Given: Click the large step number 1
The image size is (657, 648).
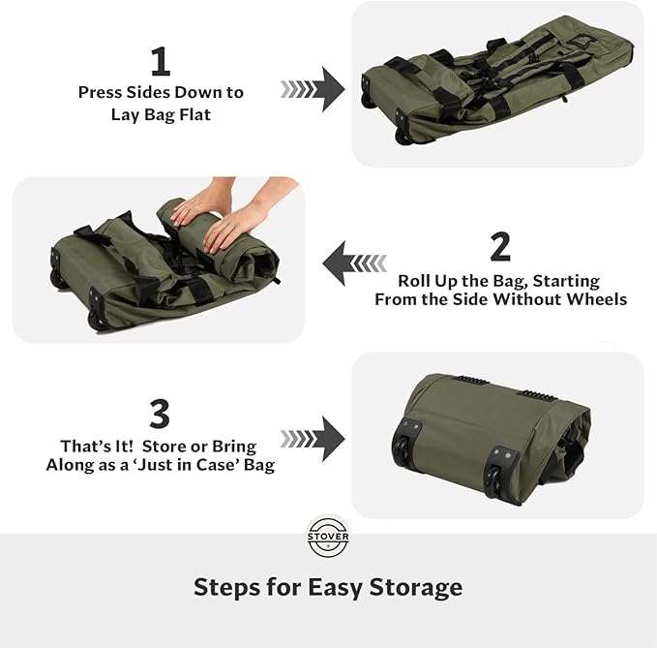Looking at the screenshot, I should click(x=161, y=62).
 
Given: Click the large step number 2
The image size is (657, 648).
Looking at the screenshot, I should click(x=500, y=246).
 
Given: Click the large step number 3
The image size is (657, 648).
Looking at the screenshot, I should click(x=161, y=414).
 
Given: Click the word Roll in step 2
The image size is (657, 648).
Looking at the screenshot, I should click(x=417, y=281).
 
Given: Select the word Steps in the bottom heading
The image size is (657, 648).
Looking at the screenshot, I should click(x=225, y=587).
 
